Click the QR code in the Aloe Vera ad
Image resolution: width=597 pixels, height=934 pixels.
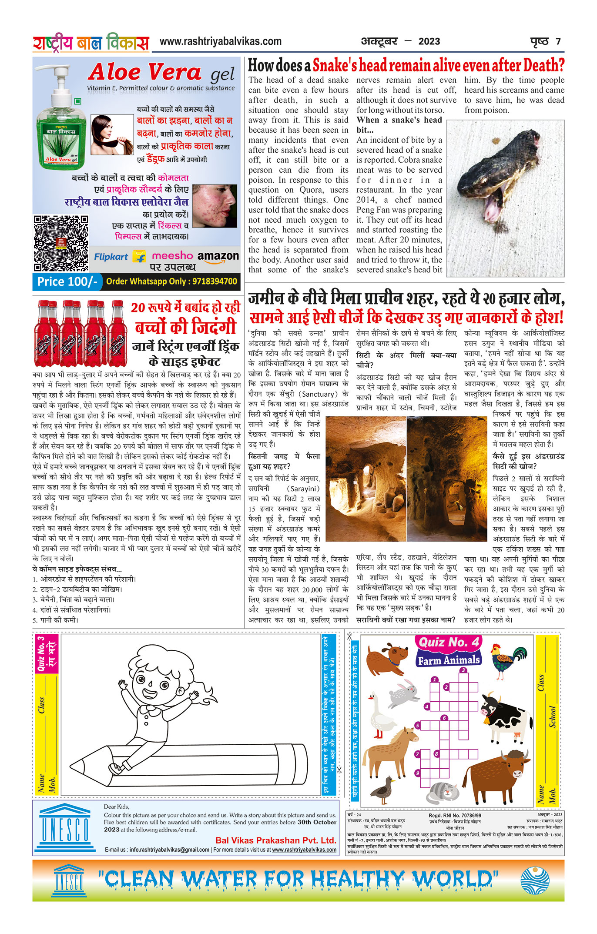tap(60, 243)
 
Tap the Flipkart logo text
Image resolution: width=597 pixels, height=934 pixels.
tap(111, 257)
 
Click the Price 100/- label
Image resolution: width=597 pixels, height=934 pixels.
tap(67, 281)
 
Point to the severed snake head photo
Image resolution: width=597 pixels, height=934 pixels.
tap(505, 198)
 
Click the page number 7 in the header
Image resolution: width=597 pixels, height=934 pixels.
tap(558, 42)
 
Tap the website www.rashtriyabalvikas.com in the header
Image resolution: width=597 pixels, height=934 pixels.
tap(221, 42)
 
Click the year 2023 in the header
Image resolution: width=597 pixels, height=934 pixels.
tap(429, 42)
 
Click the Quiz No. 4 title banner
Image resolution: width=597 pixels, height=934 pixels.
tap(449, 642)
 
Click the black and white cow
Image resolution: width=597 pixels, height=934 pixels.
tap(506, 718)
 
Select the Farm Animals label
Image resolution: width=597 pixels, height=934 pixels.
tap(449, 659)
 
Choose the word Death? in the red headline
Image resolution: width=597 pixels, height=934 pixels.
tap(543, 66)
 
